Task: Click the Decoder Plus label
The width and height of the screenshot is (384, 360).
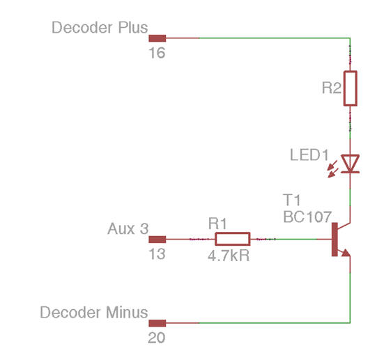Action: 100,27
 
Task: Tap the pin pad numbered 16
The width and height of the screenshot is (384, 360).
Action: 158,38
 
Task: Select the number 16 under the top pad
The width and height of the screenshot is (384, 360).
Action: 157,53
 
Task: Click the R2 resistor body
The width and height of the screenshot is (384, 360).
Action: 351,88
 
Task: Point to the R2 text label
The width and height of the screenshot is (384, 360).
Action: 331,88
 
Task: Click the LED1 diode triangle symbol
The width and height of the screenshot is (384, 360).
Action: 351,164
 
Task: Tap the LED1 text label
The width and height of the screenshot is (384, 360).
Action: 309,155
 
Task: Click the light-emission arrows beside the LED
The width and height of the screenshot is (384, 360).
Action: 333,169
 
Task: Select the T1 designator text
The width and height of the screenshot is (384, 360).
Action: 292,200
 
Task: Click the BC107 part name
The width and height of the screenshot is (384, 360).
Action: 307,217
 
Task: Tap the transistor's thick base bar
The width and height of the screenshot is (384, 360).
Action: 335,240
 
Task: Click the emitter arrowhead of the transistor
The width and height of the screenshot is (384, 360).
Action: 346,253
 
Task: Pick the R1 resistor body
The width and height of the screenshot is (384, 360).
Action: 232,239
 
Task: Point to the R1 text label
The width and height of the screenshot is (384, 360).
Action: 217,224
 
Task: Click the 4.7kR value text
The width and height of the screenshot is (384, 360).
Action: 229,256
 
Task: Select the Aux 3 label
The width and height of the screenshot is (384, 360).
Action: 128,229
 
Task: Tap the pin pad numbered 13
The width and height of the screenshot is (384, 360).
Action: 158,240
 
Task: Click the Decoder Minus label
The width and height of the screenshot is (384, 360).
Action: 94,312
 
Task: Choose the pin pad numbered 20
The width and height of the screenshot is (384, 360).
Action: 158,323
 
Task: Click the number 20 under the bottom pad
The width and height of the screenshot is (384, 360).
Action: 157,338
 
